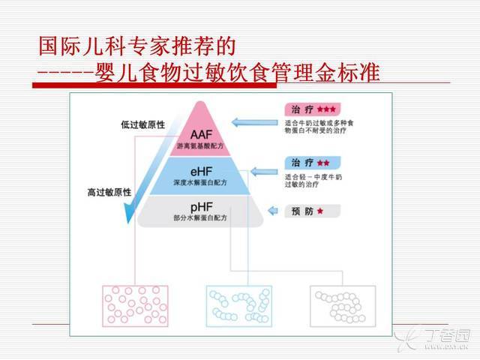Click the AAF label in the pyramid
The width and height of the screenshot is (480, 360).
click(201, 135)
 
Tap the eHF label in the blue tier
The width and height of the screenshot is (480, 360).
click(201, 172)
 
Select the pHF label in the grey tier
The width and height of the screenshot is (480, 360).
click(201, 208)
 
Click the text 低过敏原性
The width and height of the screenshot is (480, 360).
click(142, 124)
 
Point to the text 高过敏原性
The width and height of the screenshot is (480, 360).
click(109, 192)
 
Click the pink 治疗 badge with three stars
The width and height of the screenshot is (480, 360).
click(313, 109)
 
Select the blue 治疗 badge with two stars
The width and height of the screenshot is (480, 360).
click(313, 163)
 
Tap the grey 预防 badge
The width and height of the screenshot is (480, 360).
click(313, 211)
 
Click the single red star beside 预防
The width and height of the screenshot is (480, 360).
click(320, 211)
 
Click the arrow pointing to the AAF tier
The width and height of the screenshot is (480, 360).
click(255, 122)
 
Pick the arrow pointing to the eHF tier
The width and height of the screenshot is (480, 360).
click(264, 172)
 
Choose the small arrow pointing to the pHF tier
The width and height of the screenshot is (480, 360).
click(273, 211)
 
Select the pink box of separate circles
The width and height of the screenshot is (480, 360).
click(135, 306)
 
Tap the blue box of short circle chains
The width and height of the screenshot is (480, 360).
click(239, 306)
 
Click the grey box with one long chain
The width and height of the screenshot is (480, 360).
click(343, 306)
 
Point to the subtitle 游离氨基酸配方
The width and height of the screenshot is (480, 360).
click(200, 146)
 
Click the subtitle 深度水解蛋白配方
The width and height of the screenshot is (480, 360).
click(200, 182)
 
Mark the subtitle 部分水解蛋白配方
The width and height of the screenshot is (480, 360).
click(200, 217)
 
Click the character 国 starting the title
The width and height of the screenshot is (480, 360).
click(49, 46)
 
